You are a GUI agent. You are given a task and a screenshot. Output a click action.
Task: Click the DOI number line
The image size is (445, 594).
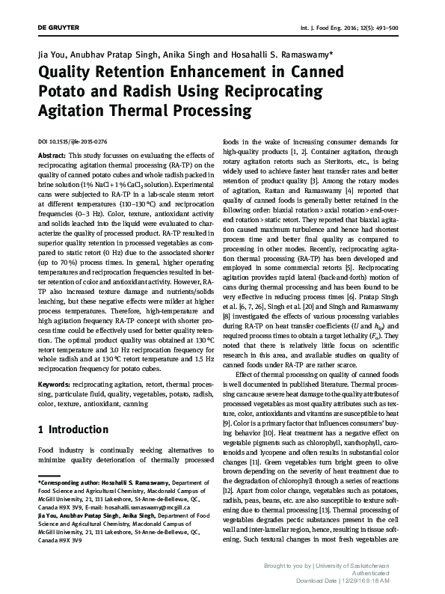[x=73, y=141]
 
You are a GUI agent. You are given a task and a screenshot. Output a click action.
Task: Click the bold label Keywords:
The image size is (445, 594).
[x=55, y=384]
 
